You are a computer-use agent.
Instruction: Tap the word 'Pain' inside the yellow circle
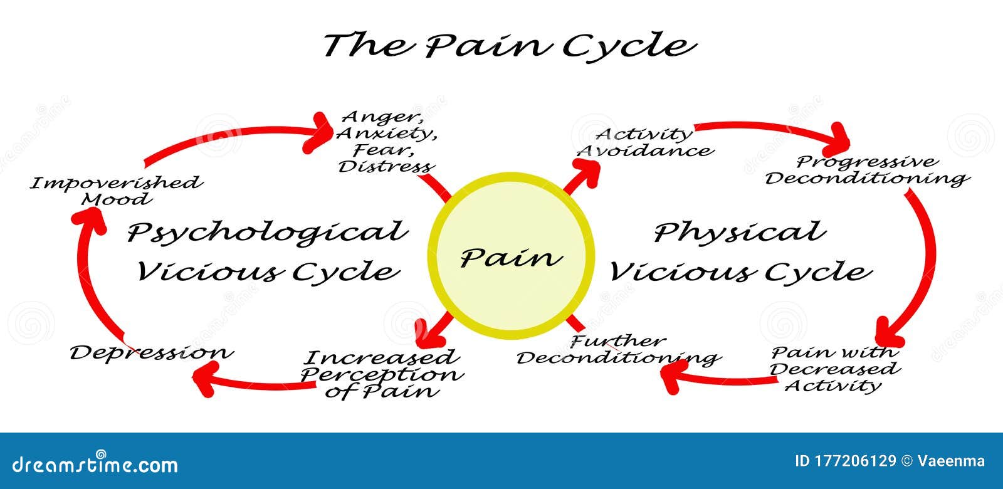(x=512, y=258)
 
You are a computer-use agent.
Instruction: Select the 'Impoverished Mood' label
(x=117, y=191)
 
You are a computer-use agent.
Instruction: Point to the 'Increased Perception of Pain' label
(x=382, y=374)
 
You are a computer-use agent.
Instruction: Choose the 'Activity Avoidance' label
(x=645, y=142)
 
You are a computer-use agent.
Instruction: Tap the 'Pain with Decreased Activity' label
(x=835, y=369)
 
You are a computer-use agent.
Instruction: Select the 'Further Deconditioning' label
(x=619, y=350)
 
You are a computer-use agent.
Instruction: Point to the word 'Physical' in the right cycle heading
(x=740, y=233)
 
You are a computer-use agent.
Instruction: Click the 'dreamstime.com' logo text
(x=95, y=465)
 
